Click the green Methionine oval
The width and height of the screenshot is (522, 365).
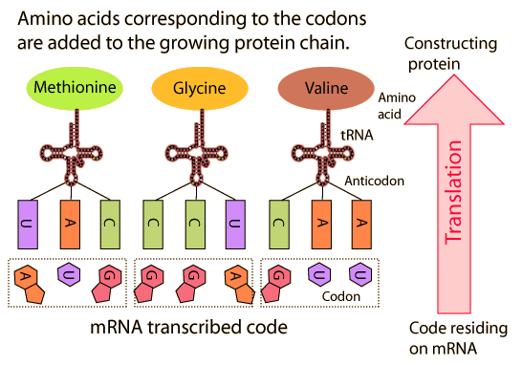coord(75,88)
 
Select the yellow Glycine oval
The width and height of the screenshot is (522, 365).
coord(200,89)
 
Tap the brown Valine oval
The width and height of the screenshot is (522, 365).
coord(326,89)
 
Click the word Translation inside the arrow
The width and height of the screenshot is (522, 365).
coord(454,192)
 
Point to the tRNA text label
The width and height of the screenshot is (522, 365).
coord(357,136)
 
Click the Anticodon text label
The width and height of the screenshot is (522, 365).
coord(374,181)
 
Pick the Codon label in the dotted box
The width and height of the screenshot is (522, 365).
coord(341,296)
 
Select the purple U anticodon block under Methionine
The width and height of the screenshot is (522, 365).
coord(28,225)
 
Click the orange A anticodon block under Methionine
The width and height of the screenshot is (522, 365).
coord(70,225)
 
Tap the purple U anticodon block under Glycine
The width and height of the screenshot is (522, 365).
coord(235,225)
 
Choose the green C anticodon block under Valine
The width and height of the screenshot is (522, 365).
coord(279,225)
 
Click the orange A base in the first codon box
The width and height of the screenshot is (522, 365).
coord(29,284)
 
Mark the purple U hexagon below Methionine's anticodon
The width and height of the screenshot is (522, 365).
coord(69,274)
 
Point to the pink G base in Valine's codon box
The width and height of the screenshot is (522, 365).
coord(276,284)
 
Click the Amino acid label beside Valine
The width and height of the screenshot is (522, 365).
coord(397,106)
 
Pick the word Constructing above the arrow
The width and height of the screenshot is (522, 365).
coord(450,44)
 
